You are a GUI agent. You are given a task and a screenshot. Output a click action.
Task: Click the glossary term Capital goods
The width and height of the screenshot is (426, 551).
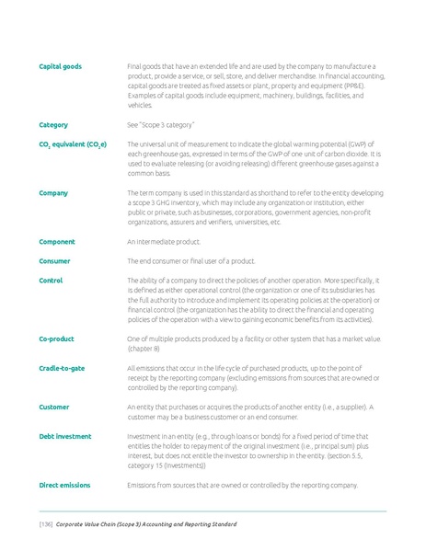(60, 66)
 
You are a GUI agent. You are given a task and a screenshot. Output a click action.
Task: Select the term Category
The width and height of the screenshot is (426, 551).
(52, 124)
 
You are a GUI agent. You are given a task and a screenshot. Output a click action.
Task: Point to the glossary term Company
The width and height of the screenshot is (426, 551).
(52, 193)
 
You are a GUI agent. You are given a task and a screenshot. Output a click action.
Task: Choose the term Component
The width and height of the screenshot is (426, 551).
(57, 241)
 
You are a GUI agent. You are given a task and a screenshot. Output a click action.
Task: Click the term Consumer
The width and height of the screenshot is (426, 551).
(55, 261)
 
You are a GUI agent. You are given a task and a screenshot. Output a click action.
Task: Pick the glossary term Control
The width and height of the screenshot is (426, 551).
(51, 281)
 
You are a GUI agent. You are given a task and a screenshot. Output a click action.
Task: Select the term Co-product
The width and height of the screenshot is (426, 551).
(56, 339)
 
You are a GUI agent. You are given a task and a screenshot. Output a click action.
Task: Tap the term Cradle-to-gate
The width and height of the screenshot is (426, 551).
(62, 368)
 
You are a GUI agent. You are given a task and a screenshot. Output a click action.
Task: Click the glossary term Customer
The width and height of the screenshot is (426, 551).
(54, 407)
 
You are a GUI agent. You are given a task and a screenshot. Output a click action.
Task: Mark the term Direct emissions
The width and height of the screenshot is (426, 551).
(63, 484)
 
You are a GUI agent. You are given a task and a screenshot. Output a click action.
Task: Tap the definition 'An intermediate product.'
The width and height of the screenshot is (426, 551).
(163, 241)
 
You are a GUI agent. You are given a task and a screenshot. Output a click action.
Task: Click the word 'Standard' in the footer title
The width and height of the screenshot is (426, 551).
(218, 524)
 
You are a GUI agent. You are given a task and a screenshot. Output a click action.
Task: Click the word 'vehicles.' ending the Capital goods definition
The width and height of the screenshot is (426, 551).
(140, 105)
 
